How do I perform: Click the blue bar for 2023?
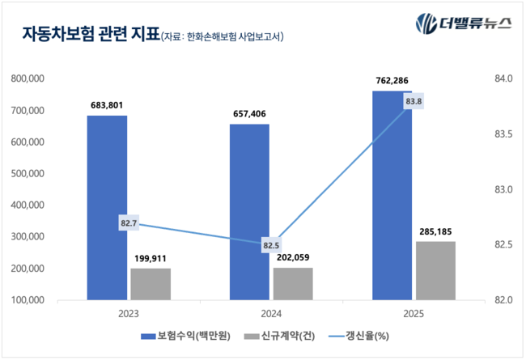(107, 207)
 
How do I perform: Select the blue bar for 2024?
(249, 212)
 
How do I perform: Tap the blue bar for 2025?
(392, 195)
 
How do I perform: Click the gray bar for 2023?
(151, 283)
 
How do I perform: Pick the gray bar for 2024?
(293, 283)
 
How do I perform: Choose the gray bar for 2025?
(435, 270)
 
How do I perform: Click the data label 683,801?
(108, 105)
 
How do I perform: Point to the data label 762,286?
(392, 80)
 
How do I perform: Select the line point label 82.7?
(128, 222)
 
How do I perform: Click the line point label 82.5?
(271, 244)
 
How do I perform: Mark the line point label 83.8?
(414, 101)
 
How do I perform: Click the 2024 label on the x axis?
(271, 314)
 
